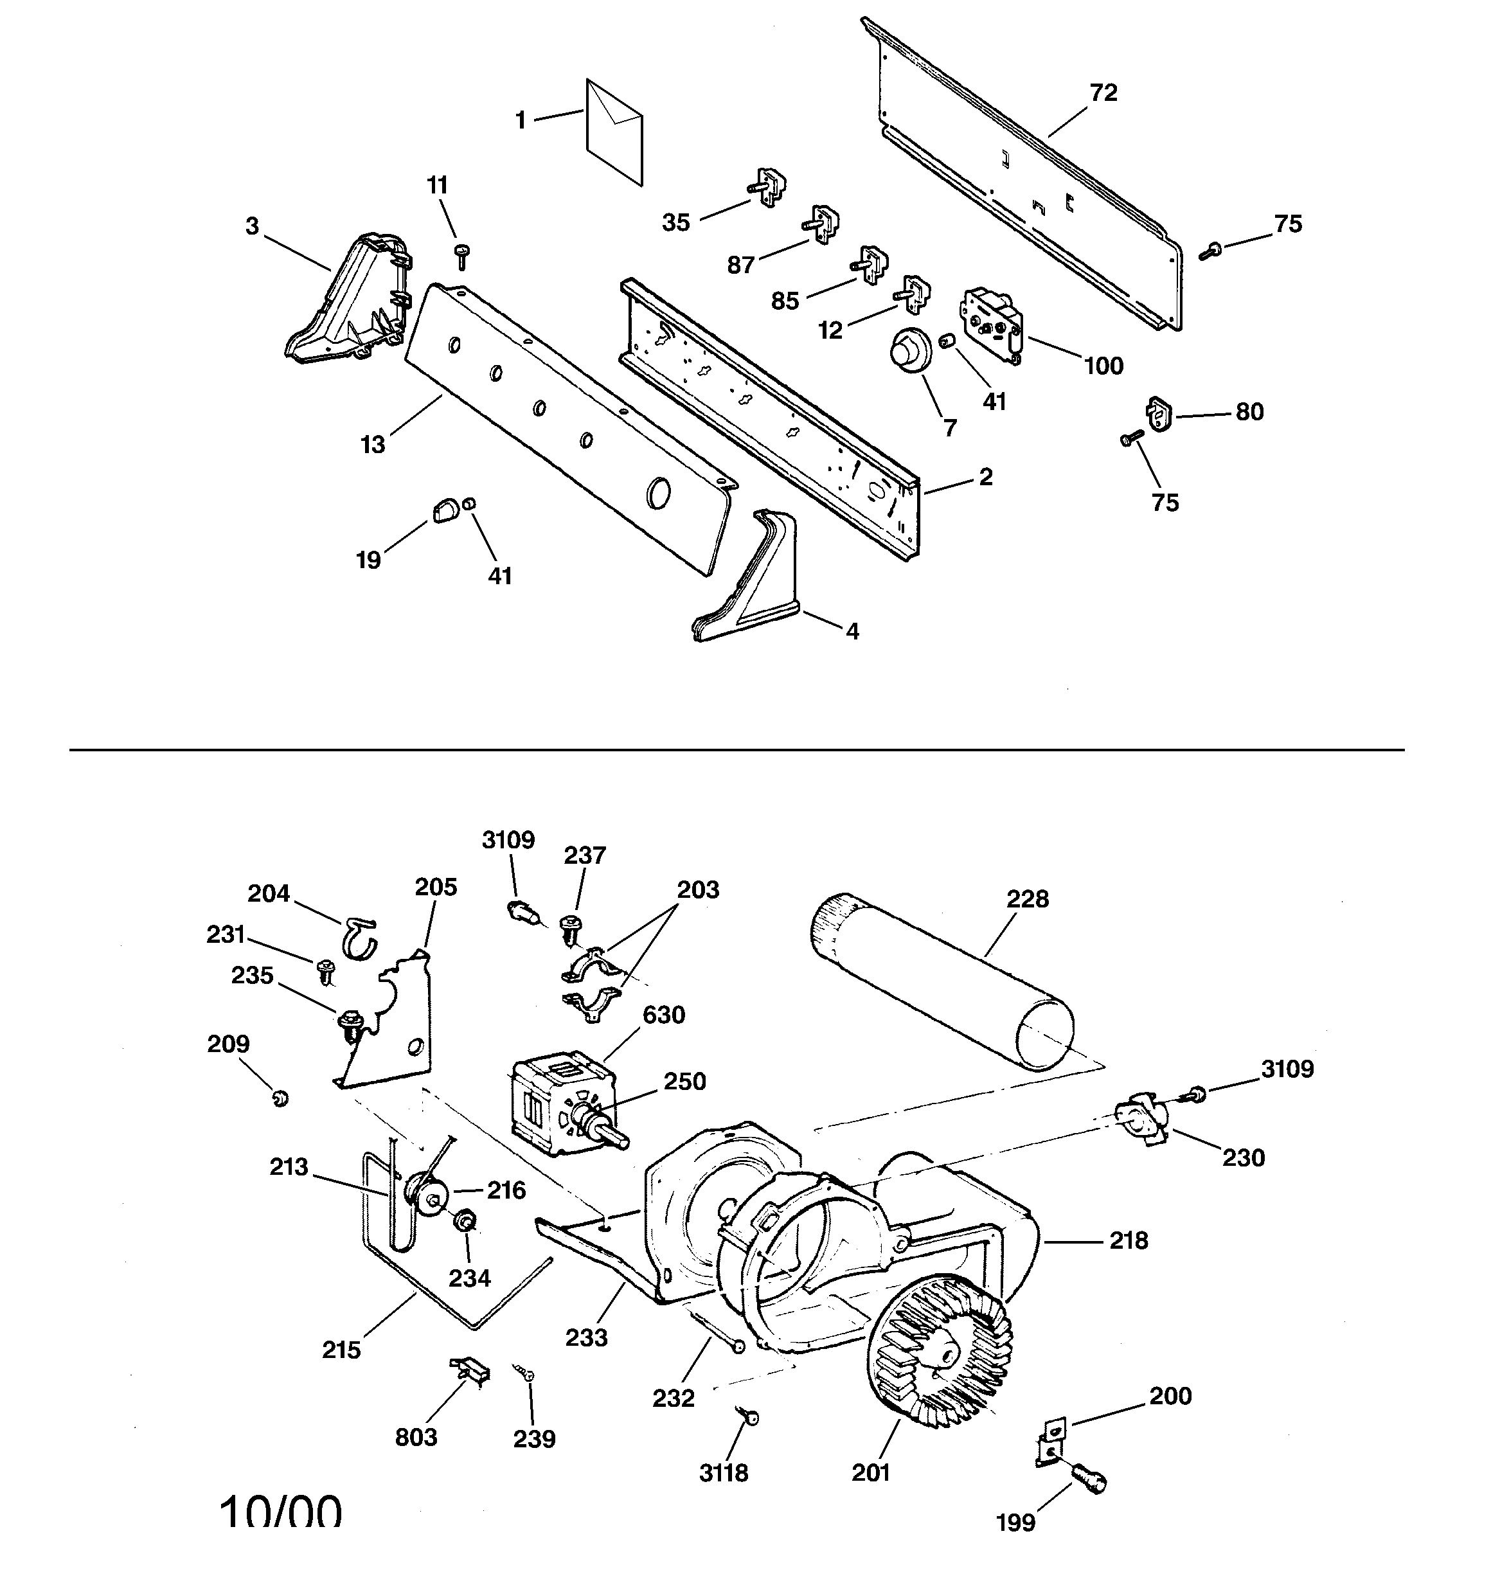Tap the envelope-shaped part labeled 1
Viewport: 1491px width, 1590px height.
pyautogui.click(x=614, y=132)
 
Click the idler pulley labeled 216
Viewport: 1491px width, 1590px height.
pyautogui.click(x=427, y=1197)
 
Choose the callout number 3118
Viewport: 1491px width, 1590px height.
pyautogui.click(x=724, y=1473)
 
